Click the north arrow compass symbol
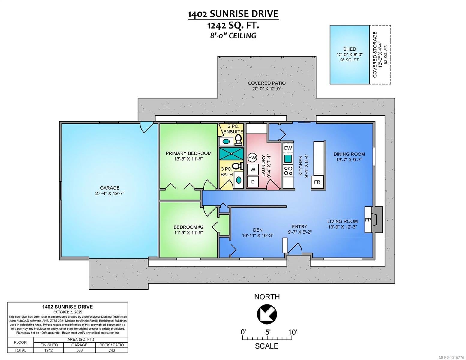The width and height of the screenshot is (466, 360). click(267, 314)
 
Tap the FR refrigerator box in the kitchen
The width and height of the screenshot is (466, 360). click(317, 182)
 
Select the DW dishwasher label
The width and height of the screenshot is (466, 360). click(288, 148)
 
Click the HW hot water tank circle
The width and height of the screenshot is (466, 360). click(252, 157)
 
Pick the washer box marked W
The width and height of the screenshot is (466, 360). click(253, 169)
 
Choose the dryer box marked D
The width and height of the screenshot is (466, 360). click(253, 182)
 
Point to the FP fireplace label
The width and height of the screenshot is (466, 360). click(368, 220)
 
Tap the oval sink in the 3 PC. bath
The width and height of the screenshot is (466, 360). click(239, 180)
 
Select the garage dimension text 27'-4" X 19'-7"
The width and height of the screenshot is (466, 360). click(110, 193)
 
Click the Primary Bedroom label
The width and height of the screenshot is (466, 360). click(188, 153)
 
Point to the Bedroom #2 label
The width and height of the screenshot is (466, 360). click(188, 227)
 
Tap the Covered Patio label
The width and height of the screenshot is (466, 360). click(266, 83)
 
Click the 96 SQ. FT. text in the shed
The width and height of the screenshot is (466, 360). click(350, 60)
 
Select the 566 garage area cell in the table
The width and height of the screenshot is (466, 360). click(79, 350)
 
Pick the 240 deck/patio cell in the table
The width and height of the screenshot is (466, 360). click(112, 350)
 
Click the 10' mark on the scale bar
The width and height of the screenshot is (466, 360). click(292, 332)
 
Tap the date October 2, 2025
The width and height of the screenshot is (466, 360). click(68, 312)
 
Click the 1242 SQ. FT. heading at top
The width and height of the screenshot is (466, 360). click(233, 25)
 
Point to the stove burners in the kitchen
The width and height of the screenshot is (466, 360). click(288, 171)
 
